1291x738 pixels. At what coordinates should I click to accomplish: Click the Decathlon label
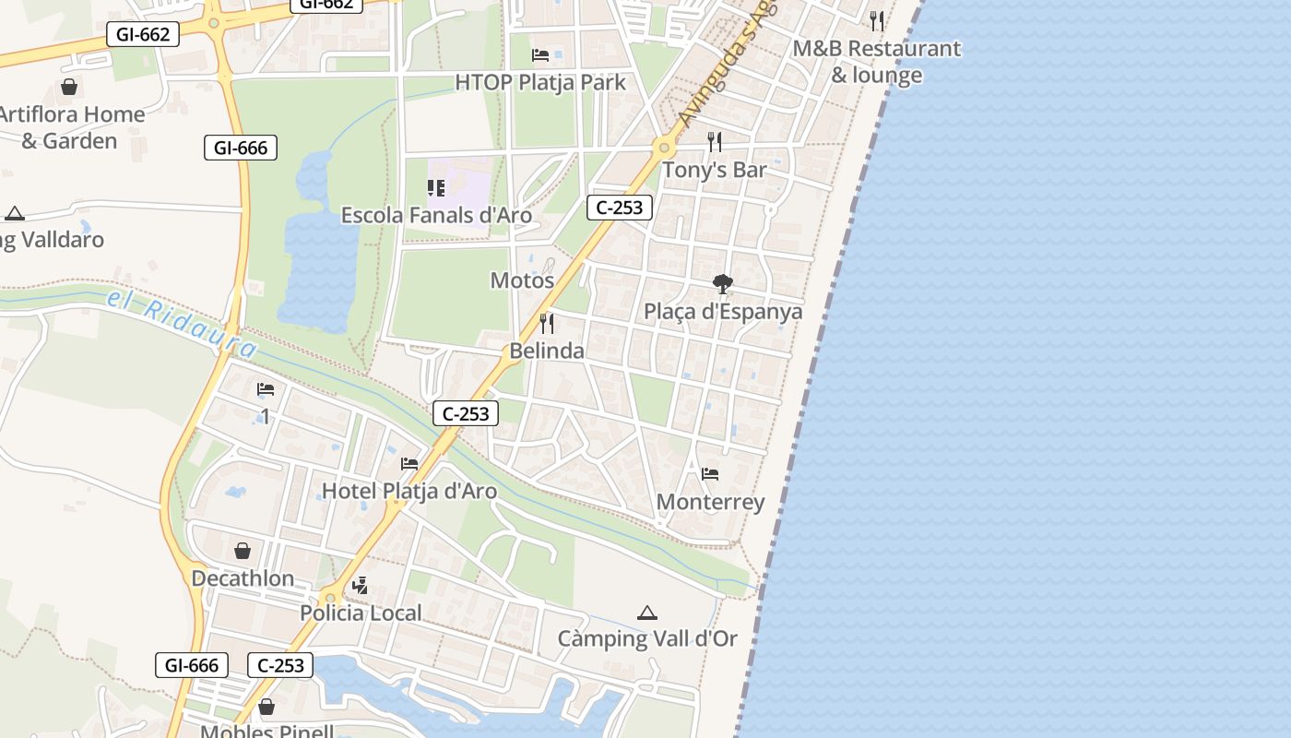point(243,578)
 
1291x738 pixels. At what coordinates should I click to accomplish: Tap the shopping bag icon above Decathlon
point(243,551)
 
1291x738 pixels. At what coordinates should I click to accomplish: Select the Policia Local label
point(361,613)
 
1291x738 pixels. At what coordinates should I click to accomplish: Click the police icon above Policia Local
point(361,585)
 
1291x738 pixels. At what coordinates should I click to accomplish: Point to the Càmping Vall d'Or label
point(647,638)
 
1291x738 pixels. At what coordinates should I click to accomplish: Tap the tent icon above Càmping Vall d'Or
point(647,613)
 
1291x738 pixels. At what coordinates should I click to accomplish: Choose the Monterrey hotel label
point(710,502)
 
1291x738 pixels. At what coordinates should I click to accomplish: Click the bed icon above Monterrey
point(710,474)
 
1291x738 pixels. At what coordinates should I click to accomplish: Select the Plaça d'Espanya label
point(723,312)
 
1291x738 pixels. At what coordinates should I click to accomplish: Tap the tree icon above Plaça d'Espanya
point(723,284)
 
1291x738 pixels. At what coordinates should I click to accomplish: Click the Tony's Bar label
point(715,170)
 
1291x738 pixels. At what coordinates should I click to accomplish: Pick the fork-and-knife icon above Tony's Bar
point(715,141)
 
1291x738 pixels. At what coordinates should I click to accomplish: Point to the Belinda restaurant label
point(547,351)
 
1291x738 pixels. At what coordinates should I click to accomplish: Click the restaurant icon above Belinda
point(547,323)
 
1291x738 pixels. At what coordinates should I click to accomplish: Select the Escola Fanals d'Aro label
point(436,215)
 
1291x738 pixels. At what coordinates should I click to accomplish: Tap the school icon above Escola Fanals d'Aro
point(436,188)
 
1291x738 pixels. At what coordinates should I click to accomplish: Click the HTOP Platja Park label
point(540,82)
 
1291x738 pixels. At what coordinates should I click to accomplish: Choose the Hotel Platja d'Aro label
point(409,491)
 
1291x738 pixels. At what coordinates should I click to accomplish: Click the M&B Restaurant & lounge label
point(877,61)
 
